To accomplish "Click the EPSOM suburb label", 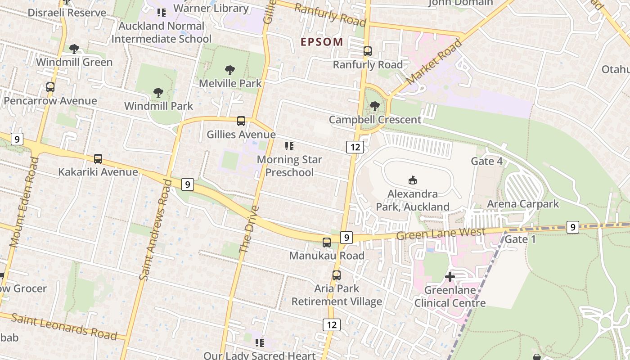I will click(x=322, y=42).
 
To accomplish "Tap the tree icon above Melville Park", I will click(x=230, y=70).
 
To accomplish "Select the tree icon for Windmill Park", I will click(x=158, y=93).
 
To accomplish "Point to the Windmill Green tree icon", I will click(x=74, y=49).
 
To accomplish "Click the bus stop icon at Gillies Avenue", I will click(x=241, y=121).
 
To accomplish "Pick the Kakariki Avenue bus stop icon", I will click(x=98, y=159).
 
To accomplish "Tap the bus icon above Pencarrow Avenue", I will click(x=50, y=87).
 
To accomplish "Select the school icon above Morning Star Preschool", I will click(x=289, y=146).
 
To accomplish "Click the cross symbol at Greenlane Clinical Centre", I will click(x=450, y=277).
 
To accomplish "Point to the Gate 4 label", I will click(x=486, y=161).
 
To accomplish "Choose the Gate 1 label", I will click(x=520, y=239).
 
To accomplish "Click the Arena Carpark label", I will click(x=523, y=204).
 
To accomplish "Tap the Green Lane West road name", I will click(x=441, y=234).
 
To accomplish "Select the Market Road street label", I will click(x=434, y=62).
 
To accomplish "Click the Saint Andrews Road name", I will click(x=156, y=230).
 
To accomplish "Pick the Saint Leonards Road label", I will click(x=64, y=326).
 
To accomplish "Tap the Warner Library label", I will click(x=211, y=9).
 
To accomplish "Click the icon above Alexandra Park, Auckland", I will click(x=412, y=180).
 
